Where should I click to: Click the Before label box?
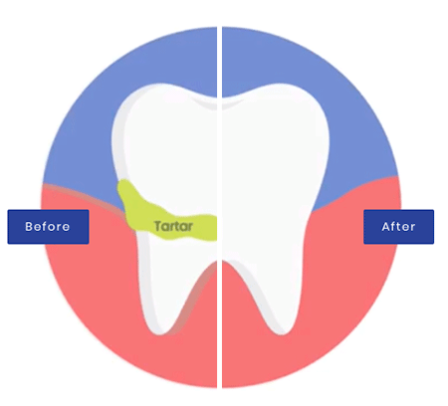coord(48,227)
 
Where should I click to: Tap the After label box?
coord(398,227)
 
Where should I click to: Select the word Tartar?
coord(173,226)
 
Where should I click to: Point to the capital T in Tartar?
coord(158,226)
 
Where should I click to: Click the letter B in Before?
coord(29,227)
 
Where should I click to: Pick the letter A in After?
coord(385,227)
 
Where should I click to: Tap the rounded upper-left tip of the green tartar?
coord(123,183)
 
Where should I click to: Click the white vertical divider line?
coord(219,207)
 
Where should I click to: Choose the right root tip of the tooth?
coord(282,331)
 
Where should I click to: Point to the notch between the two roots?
coord(220,262)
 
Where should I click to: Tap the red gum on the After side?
coord(348,282)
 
